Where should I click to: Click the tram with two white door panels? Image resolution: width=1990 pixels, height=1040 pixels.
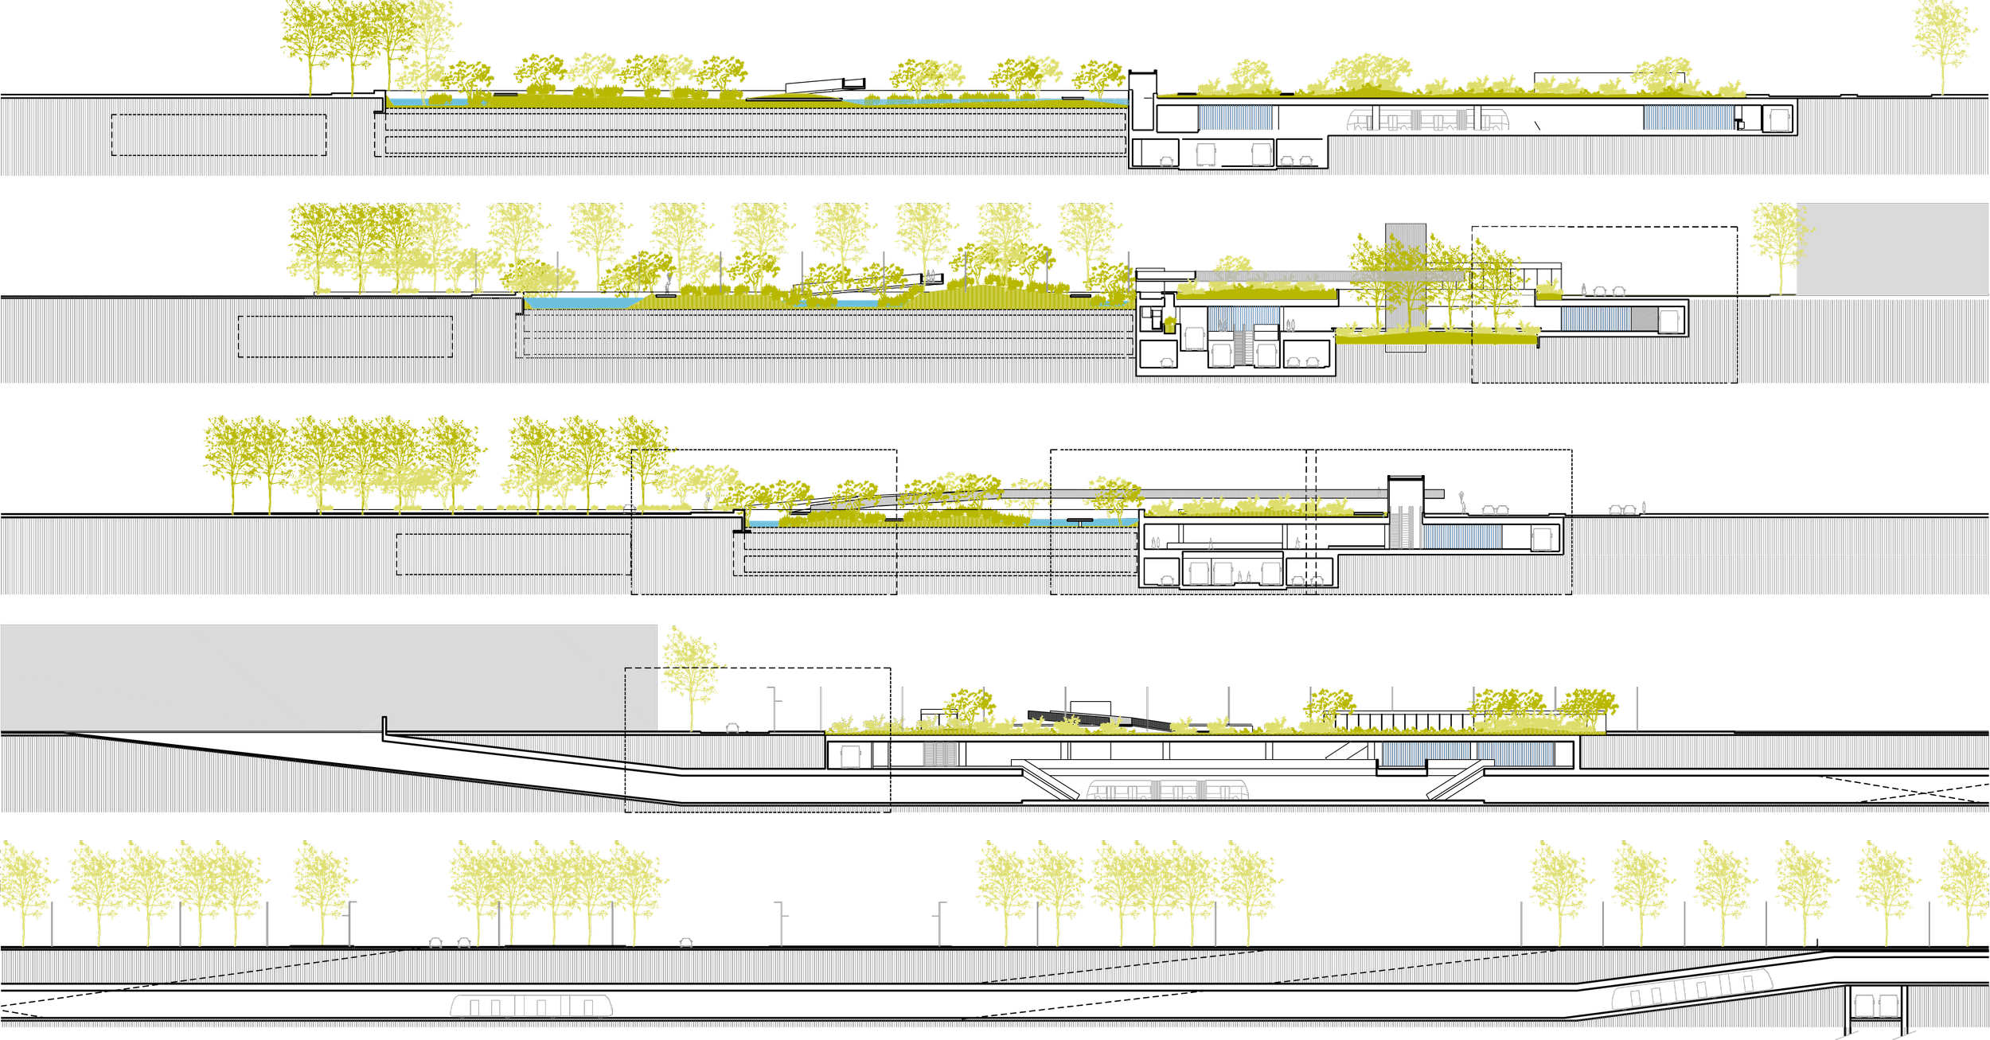click(x=1428, y=120)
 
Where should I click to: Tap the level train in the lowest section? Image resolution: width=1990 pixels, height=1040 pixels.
click(x=532, y=1006)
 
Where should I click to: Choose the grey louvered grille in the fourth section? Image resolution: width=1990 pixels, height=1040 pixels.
click(x=940, y=754)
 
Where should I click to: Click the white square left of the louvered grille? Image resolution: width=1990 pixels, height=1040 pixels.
click(x=851, y=756)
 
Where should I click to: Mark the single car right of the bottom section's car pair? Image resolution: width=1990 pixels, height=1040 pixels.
click(x=686, y=943)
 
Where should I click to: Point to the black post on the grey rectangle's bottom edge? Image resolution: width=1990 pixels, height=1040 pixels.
click(x=384, y=723)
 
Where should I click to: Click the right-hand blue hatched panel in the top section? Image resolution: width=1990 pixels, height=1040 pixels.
click(x=1688, y=118)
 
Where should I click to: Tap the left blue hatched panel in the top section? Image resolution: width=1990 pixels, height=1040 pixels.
click(x=1235, y=118)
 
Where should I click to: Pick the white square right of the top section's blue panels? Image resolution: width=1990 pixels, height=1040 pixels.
click(x=1780, y=120)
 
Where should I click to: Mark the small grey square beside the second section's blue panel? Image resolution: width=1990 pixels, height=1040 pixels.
click(x=1643, y=319)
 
